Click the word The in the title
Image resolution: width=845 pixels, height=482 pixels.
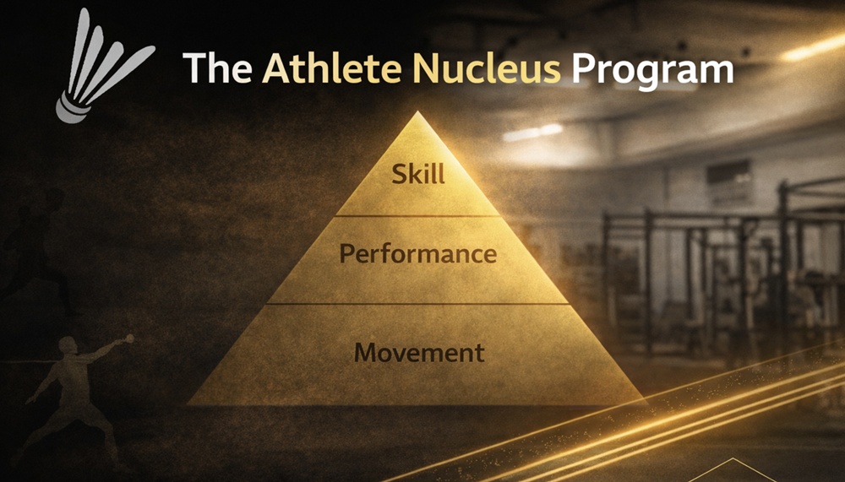[216, 68]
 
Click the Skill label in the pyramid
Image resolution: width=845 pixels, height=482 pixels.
[418, 176]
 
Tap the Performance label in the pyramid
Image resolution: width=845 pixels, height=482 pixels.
[418, 253]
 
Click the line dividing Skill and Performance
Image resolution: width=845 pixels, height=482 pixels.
[418, 216]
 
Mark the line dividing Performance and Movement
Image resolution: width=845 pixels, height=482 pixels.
[418, 303]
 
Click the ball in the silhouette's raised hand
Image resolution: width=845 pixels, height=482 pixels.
[128, 338]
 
